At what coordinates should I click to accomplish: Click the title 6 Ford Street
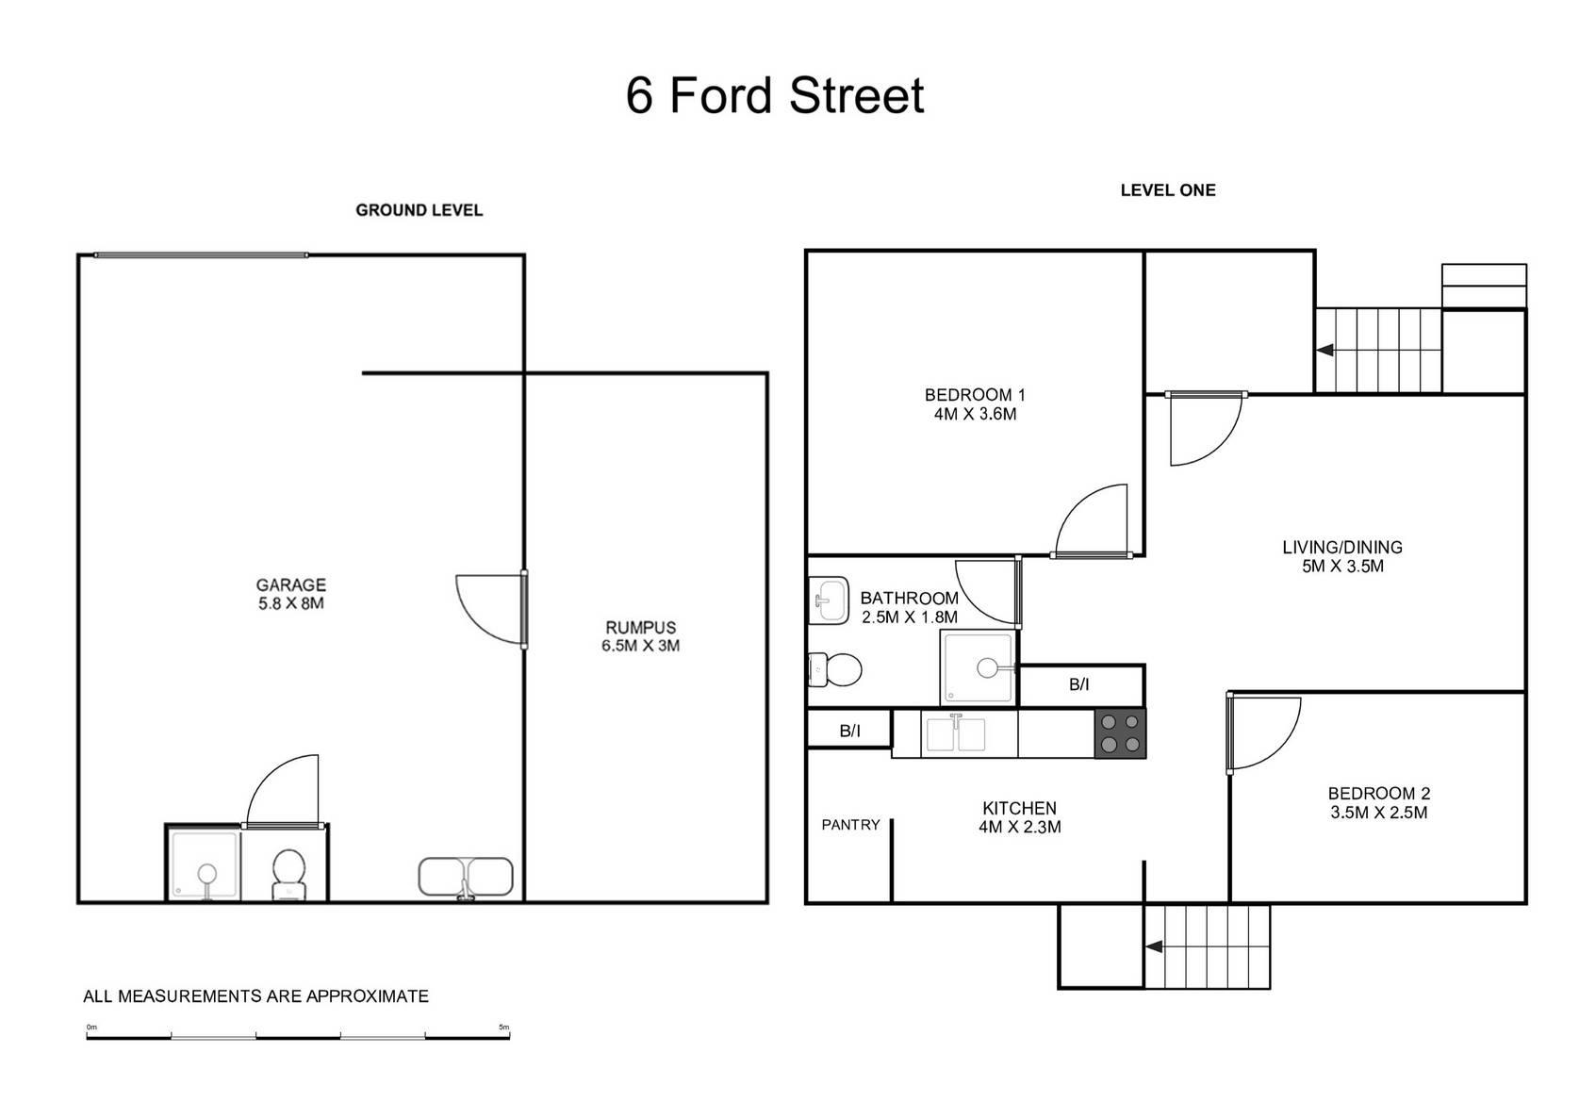click(x=775, y=95)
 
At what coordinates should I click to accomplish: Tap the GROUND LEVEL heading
click(x=419, y=210)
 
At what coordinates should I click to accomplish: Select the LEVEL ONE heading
click(x=1167, y=190)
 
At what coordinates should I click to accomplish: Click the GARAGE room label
click(x=290, y=594)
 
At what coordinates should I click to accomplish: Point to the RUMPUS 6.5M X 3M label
click(x=640, y=636)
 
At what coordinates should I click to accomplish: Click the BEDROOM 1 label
click(x=975, y=404)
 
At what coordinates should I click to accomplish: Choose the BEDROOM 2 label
click(x=1378, y=803)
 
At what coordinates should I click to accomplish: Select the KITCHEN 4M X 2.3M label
click(x=1019, y=817)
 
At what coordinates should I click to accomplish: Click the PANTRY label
click(x=850, y=825)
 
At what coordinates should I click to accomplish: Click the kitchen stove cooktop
click(x=1120, y=733)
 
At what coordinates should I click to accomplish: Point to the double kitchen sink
click(x=955, y=733)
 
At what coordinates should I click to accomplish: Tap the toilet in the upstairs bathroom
click(x=835, y=670)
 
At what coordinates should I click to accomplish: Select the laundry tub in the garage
click(x=465, y=877)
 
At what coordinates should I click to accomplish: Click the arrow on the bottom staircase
click(x=1153, y=947)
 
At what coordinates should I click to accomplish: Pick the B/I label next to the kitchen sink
click(x=849, y=731)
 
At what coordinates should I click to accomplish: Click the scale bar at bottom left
click(x=298, y=1037)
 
